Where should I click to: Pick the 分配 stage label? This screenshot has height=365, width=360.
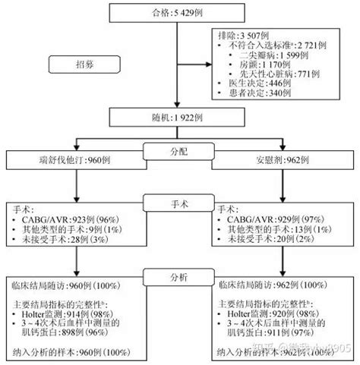179,151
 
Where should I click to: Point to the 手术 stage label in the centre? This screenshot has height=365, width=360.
179,204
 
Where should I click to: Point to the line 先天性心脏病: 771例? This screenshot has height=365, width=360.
284,74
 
